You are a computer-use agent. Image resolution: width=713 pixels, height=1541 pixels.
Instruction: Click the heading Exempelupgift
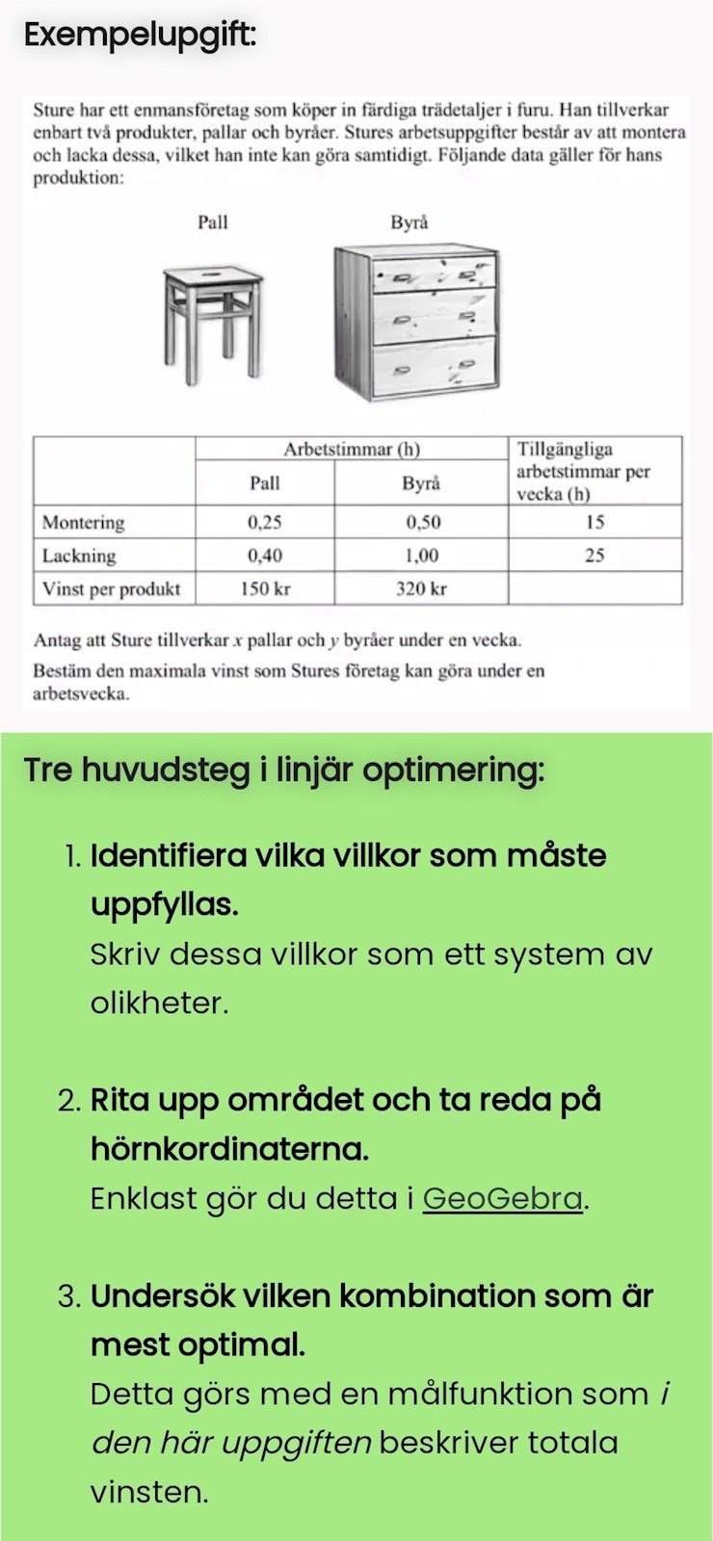[x=140, y=36]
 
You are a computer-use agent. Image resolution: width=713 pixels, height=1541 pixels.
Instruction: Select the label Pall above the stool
[x=213, y=222]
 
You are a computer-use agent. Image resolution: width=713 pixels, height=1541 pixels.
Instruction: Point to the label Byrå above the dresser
[x=409, y=222]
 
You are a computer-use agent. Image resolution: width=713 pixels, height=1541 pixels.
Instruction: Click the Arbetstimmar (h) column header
[x=352, y=450]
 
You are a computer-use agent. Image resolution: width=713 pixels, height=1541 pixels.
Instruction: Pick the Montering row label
[x=84, y=523]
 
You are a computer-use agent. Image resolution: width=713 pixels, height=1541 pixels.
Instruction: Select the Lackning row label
[x=79, y=556]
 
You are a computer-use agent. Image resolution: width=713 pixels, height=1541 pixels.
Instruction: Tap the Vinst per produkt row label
[x=112, y=589]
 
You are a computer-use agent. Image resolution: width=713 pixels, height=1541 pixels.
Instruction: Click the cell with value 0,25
[x=265, y=523]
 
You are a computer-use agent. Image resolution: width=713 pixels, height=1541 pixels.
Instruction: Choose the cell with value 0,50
[x=422, y=523]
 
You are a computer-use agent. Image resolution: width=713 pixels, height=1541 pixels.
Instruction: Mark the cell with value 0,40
[x=265, y=556]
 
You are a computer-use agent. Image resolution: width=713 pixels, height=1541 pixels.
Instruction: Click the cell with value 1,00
[x=422, y=556]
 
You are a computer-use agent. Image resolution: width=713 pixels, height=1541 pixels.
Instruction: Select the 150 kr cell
[x=265, y=589]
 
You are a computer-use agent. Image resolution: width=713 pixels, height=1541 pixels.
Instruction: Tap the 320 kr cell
[x=422, y=589]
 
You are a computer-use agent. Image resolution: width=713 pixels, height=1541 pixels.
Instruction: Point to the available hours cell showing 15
[x=594, y=523]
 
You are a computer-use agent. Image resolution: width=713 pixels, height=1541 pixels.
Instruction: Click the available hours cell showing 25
[x=594, y=556]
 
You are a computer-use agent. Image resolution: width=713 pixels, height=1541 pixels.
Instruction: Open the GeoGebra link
[x=503, y=1199]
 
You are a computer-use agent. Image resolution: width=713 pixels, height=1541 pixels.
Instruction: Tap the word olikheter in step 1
[x=159, y=1004]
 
